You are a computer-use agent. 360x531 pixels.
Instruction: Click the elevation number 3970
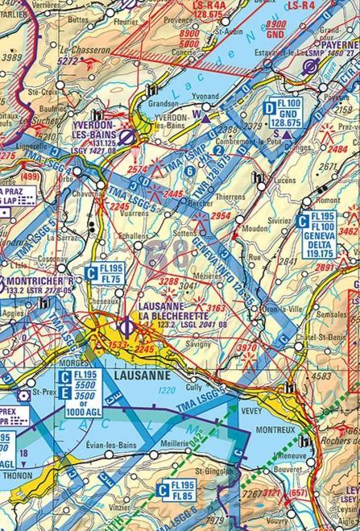(x=225, y=347)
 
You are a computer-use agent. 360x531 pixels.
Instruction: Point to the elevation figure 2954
(x=220, y=217)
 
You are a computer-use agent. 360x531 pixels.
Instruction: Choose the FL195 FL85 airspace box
(x=176, y=489)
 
